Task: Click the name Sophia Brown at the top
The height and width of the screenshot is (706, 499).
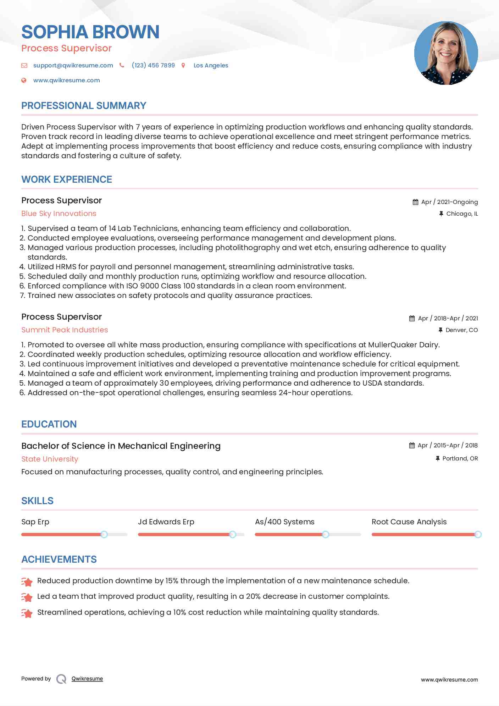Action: [x=90, y=32]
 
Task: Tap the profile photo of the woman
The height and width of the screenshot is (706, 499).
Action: [x=446, y=53]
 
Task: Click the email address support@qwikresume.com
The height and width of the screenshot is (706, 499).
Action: [x=73, y=65]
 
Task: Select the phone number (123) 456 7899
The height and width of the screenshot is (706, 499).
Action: [x=153, y=65]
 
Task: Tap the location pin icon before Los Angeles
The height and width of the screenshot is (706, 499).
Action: [x=183, y=65]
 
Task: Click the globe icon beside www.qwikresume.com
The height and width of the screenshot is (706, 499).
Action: [x=24, y=81]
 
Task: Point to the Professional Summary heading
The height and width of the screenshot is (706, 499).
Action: [x=84, y=106]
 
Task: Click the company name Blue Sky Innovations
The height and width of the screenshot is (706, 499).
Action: [x=59, y=214]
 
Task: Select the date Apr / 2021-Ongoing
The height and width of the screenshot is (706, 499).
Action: [x=449, y=202]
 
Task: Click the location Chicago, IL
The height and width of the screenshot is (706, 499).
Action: [x=462, y=214]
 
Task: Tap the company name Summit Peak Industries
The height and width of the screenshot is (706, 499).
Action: [x=65, y=330]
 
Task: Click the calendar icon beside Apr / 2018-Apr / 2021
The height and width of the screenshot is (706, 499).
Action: [x=412, y=319]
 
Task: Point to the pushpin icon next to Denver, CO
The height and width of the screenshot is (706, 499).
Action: [x=440, y=330]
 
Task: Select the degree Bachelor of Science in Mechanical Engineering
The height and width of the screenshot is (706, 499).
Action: [x=121, y=446]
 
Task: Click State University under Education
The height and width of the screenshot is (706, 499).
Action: [x=50, y=459]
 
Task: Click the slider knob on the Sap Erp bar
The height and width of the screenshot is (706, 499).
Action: [x=104, y=534]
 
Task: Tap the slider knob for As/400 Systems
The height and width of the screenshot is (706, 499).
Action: [x=325, y=534]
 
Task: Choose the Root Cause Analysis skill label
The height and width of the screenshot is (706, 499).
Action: [x=409, y=522]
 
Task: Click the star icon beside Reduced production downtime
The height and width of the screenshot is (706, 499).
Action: [x=27, y=581]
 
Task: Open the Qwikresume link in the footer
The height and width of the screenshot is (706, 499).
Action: [x=87, y=679]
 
